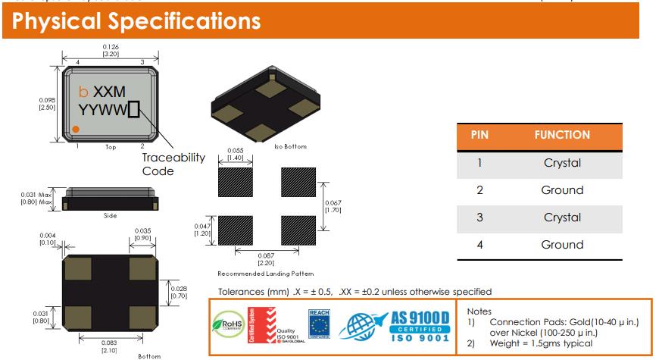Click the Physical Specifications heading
pos(136,20)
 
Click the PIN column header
pos(479,135)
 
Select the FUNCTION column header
pos(561,135)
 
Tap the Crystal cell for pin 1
pos(562,163)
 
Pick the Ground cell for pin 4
pos(562,245)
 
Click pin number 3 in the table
pos(479,218)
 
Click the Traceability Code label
pos(173,164)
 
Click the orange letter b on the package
pos(83,92)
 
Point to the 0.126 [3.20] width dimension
pos(110,51)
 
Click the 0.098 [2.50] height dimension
pos(47,103)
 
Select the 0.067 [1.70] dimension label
pos(333,206)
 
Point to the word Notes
pos(479,311)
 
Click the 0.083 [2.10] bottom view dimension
pos(110,347)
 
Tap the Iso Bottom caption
pos(290,146)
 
